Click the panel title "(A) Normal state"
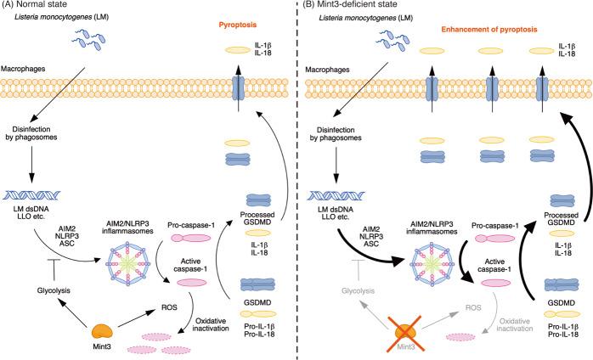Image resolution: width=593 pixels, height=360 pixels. click(x=35, y=8)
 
